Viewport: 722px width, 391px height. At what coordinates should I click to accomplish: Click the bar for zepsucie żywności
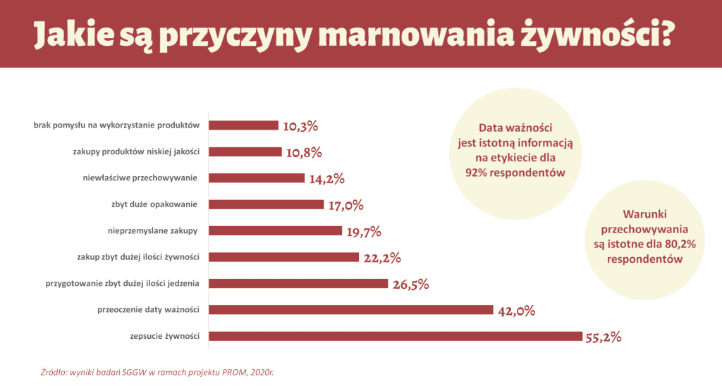click(x=396, y=336)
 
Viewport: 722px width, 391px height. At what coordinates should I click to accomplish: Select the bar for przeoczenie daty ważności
click(x=350, y=310)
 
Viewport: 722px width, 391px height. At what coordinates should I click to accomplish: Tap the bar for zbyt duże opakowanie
click(x=266, y=204)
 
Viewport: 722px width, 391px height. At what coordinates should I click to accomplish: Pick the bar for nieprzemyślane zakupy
click(x=275, y=230)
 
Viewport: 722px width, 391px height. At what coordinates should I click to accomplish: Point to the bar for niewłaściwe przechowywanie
click(x=257, y=178)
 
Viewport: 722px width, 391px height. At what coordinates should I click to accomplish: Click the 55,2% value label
click(x=603, y=337)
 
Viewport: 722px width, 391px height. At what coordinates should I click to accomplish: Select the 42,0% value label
click(x=516, y=311)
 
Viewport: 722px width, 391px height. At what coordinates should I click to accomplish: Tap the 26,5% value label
click(x=409, y=285)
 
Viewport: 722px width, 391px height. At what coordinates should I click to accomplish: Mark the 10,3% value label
click(x=300, y=127)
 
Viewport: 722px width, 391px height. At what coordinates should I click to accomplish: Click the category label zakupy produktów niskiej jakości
click(x=136, y=151)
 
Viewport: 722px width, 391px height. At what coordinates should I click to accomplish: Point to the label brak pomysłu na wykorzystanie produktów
click(x=117, y=125)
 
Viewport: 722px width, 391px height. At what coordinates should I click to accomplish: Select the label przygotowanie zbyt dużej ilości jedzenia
click(x=122, y=283)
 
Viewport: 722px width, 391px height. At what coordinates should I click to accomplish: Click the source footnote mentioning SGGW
click(x=157, y=371)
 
